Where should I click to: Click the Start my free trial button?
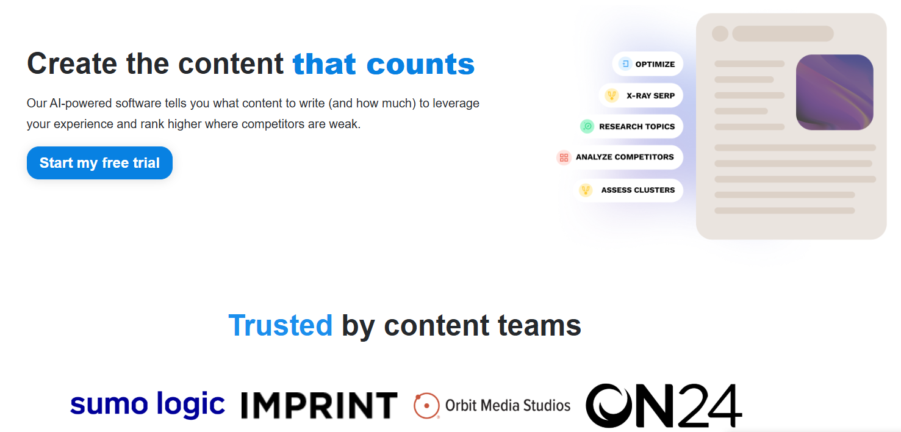(100, 163)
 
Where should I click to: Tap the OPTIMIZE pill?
(648, 64)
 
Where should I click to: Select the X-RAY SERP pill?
(641, 96)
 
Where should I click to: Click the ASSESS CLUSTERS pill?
(628, 190)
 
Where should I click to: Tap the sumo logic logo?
(147, 405)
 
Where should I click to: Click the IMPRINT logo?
(320, 405)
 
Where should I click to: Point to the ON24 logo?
(664, 405)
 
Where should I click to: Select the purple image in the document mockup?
(835, 92)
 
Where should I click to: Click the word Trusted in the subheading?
(281, 325)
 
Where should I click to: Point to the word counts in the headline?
(420, 64)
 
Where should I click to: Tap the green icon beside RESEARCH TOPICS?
(587, 126)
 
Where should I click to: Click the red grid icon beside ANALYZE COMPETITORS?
(564, 157)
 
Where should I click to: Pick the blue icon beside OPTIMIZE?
(625, 64)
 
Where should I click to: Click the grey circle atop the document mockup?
(720, 34)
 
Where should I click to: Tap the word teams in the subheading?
(539, 325)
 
